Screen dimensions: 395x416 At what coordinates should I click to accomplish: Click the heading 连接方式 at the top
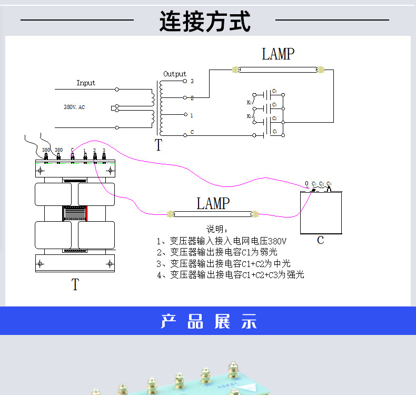[205, 22]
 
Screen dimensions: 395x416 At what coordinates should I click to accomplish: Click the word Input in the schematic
[86, 83]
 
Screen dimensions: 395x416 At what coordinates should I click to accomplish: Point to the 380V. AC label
[74, 107]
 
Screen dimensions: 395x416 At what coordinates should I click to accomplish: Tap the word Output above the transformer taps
[175, 74]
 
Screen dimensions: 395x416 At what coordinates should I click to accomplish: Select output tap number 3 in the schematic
[192, 82]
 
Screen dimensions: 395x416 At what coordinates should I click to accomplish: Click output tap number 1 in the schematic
[192, 115]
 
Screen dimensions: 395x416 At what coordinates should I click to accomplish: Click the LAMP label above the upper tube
[278, 54]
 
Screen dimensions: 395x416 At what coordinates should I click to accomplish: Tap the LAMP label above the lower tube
[213, 204]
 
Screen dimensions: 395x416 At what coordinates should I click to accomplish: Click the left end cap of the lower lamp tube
[170, 214]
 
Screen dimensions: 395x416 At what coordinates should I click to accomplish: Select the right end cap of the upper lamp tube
[321, 69]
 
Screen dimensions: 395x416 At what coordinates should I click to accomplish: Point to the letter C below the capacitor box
[320, 241]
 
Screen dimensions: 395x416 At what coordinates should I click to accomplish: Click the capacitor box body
[320, 213]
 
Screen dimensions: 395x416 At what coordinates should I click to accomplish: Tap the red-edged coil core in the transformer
[75, 213]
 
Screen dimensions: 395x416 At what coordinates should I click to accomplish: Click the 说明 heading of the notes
[217, 230]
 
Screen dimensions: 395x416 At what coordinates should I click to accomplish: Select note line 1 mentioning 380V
[222, 241]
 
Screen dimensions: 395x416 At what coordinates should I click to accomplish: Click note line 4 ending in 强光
[231, 275]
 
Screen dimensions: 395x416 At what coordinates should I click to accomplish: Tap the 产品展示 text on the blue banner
[209, 321]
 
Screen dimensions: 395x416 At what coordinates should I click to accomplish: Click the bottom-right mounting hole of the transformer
[110, 263]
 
